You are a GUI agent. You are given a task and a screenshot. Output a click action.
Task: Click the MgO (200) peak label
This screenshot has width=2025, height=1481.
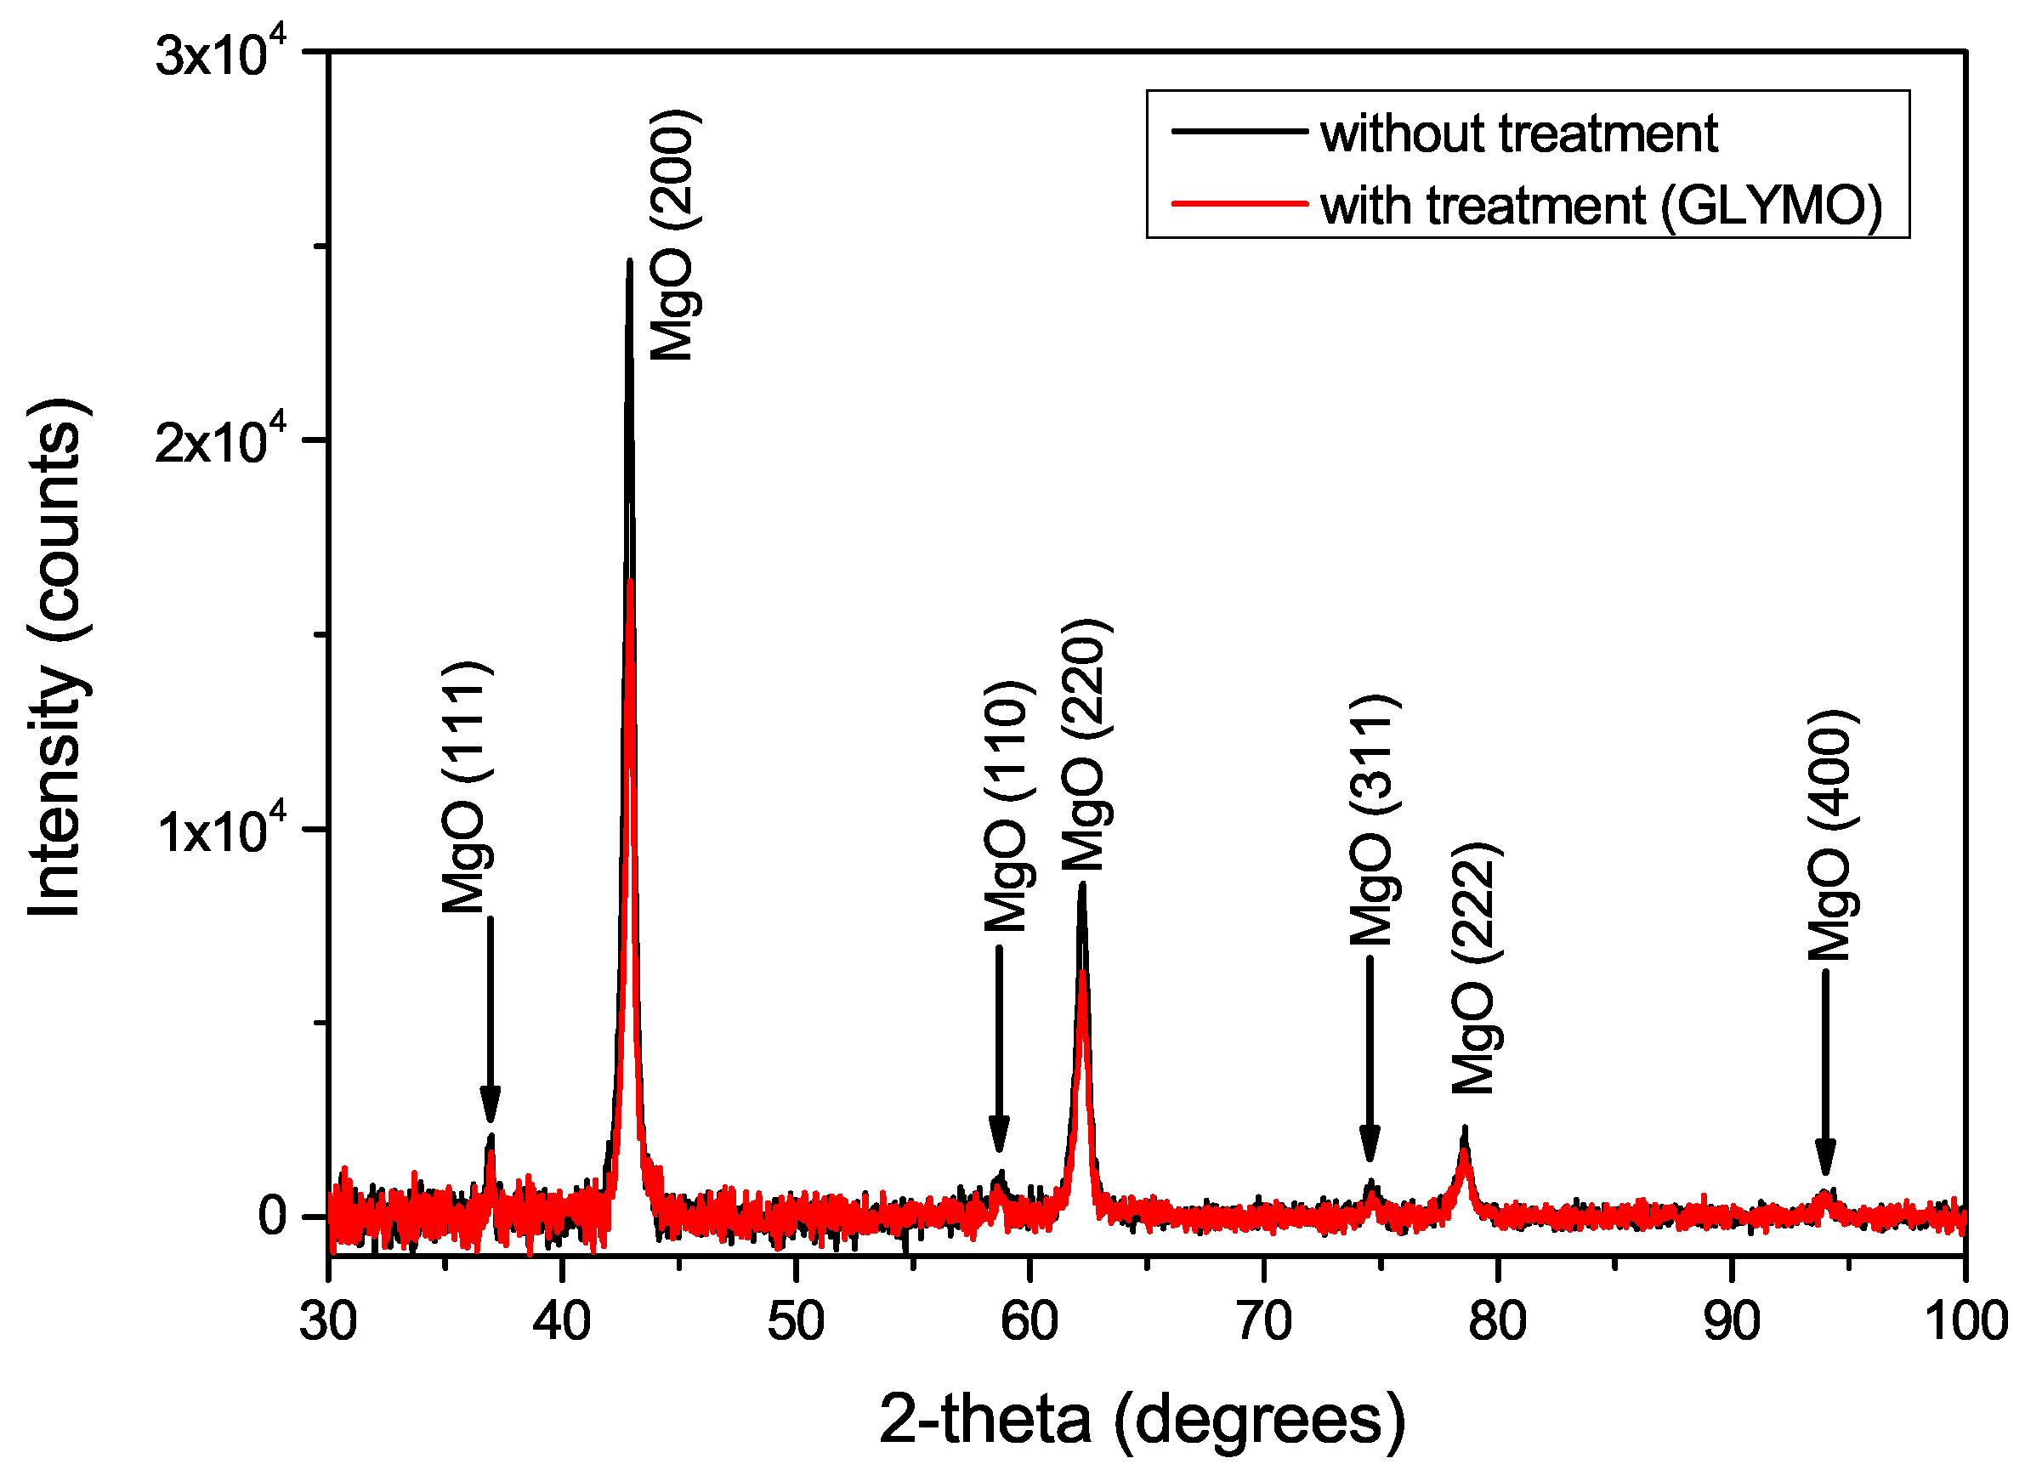click(x=672, y=235)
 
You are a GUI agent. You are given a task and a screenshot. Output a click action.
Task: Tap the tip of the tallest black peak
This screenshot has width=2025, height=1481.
click(x=630, y=262)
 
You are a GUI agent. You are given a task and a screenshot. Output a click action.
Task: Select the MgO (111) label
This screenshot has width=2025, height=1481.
click(x=466, y=787)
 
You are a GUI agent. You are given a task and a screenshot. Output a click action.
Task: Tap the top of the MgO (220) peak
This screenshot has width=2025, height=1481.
click(x=1082, y=886)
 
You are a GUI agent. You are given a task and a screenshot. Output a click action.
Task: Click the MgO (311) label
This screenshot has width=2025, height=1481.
click(x=1372, y=820)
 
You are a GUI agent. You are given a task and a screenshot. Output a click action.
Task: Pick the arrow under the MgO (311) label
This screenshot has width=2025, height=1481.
click(x=1369, y=1058)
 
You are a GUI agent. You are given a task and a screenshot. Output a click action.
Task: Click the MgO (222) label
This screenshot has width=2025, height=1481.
click(x=1474, y=968)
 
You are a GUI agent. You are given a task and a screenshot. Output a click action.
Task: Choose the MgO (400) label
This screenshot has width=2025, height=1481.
click(x=1829, y=835)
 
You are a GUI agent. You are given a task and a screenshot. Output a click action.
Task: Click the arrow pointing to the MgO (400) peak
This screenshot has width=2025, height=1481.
click(x=1825, y=1071)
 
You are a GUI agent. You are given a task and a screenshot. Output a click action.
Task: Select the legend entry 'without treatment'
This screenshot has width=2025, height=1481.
click(x=1518, y=133)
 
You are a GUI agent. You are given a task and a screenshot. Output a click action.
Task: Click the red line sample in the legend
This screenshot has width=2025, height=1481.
click(x=1239, y=203)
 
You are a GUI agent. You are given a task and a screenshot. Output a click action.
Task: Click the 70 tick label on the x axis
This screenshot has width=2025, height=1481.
click(x=1263, y=1321)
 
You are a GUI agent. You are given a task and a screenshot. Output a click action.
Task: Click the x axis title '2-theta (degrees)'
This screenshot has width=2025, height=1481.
click(x=1142, y=1419)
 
